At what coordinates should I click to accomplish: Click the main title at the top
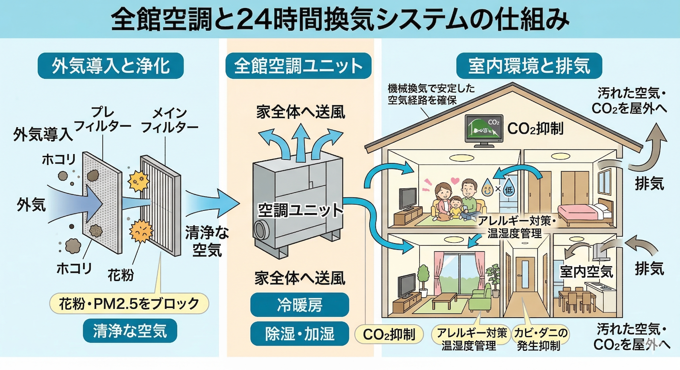340,20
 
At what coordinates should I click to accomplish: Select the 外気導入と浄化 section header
110,66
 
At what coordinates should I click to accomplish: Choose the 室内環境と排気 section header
529,66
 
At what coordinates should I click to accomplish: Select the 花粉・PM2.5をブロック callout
129,304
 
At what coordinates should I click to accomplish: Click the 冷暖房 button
299,305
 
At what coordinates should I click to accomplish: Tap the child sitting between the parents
456,207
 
